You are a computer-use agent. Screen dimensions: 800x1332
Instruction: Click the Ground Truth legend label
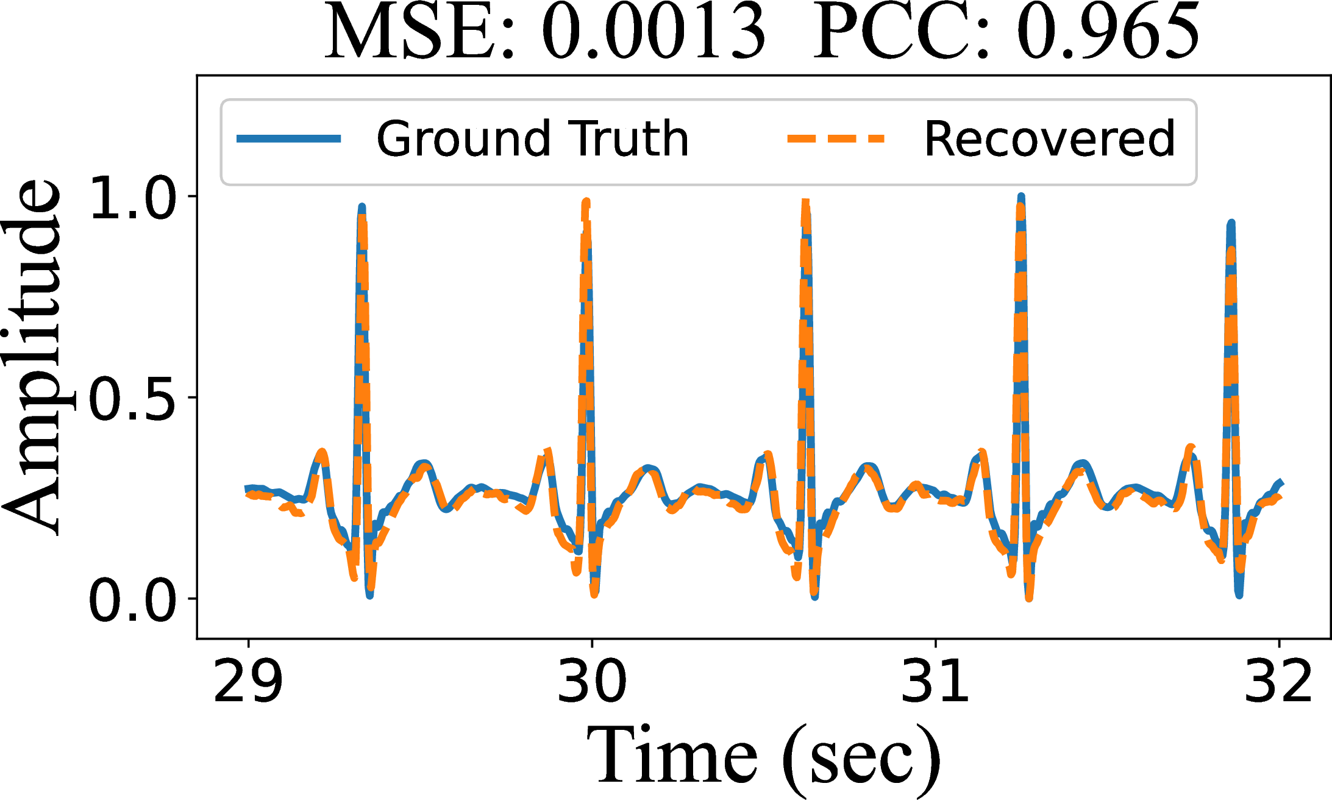532,139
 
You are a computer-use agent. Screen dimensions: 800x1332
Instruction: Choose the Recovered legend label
1049,139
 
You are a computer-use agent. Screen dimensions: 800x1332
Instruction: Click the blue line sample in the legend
288,139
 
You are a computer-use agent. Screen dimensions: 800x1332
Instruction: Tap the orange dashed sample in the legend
836,139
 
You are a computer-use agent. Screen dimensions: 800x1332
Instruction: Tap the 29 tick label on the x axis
248,680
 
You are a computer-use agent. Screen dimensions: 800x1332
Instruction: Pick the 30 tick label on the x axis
591,680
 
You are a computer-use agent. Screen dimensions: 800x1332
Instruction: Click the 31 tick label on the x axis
935,680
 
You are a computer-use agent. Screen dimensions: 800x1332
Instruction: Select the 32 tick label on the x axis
1278,680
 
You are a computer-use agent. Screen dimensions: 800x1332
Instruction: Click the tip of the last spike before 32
1231,224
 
